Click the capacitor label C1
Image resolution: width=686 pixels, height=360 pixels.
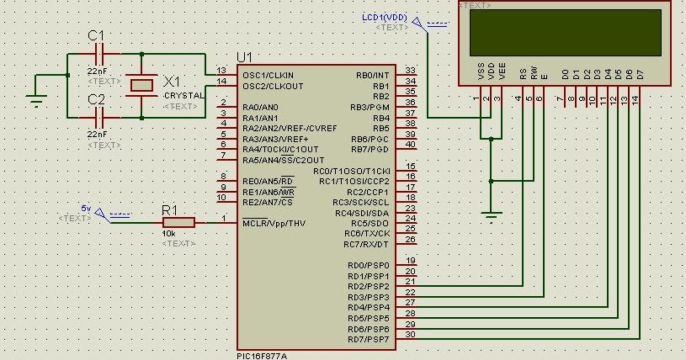point(97,36)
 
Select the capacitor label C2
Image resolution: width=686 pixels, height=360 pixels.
point(97,100)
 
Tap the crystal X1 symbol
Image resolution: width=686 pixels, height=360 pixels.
point(140,84)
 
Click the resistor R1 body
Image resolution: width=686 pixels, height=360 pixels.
point(178,222)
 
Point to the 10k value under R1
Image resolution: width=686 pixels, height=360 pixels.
point(168,234)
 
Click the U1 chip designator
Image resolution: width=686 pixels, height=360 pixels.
point(244,56)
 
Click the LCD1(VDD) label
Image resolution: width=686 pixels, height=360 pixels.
point(385,17)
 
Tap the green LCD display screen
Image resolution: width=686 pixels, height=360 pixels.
point(565,33)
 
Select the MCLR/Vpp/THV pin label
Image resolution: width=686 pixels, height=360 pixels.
point(274,223)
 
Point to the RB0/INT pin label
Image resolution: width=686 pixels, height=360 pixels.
point(373,75)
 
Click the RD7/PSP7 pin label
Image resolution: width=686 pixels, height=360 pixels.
point(368,339)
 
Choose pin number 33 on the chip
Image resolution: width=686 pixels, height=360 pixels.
point(410,71)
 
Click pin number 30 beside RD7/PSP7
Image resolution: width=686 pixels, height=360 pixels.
point(410,335)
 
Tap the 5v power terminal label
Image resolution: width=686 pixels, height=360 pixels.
point(86,208)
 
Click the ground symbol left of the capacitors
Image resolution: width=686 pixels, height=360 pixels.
point(35,99)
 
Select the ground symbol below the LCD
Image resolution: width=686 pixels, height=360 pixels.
point(492,216)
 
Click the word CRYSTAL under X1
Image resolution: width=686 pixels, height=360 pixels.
point(183,96)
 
